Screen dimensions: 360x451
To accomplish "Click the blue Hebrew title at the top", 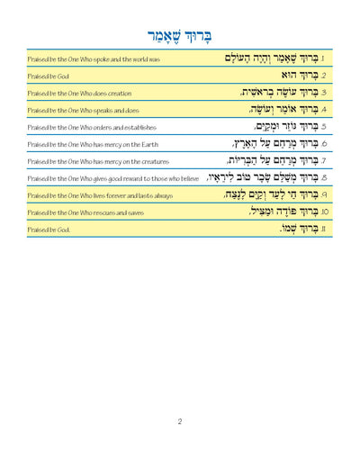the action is point(180,35).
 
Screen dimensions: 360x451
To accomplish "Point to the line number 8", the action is point(322,178).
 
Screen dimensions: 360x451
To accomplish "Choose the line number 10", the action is point(321,212).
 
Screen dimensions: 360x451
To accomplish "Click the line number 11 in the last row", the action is point(322,230).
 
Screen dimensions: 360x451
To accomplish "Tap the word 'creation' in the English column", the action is point(107,94).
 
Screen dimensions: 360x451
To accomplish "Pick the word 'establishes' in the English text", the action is point(129,128).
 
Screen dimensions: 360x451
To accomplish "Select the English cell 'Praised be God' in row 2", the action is point(43,77).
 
